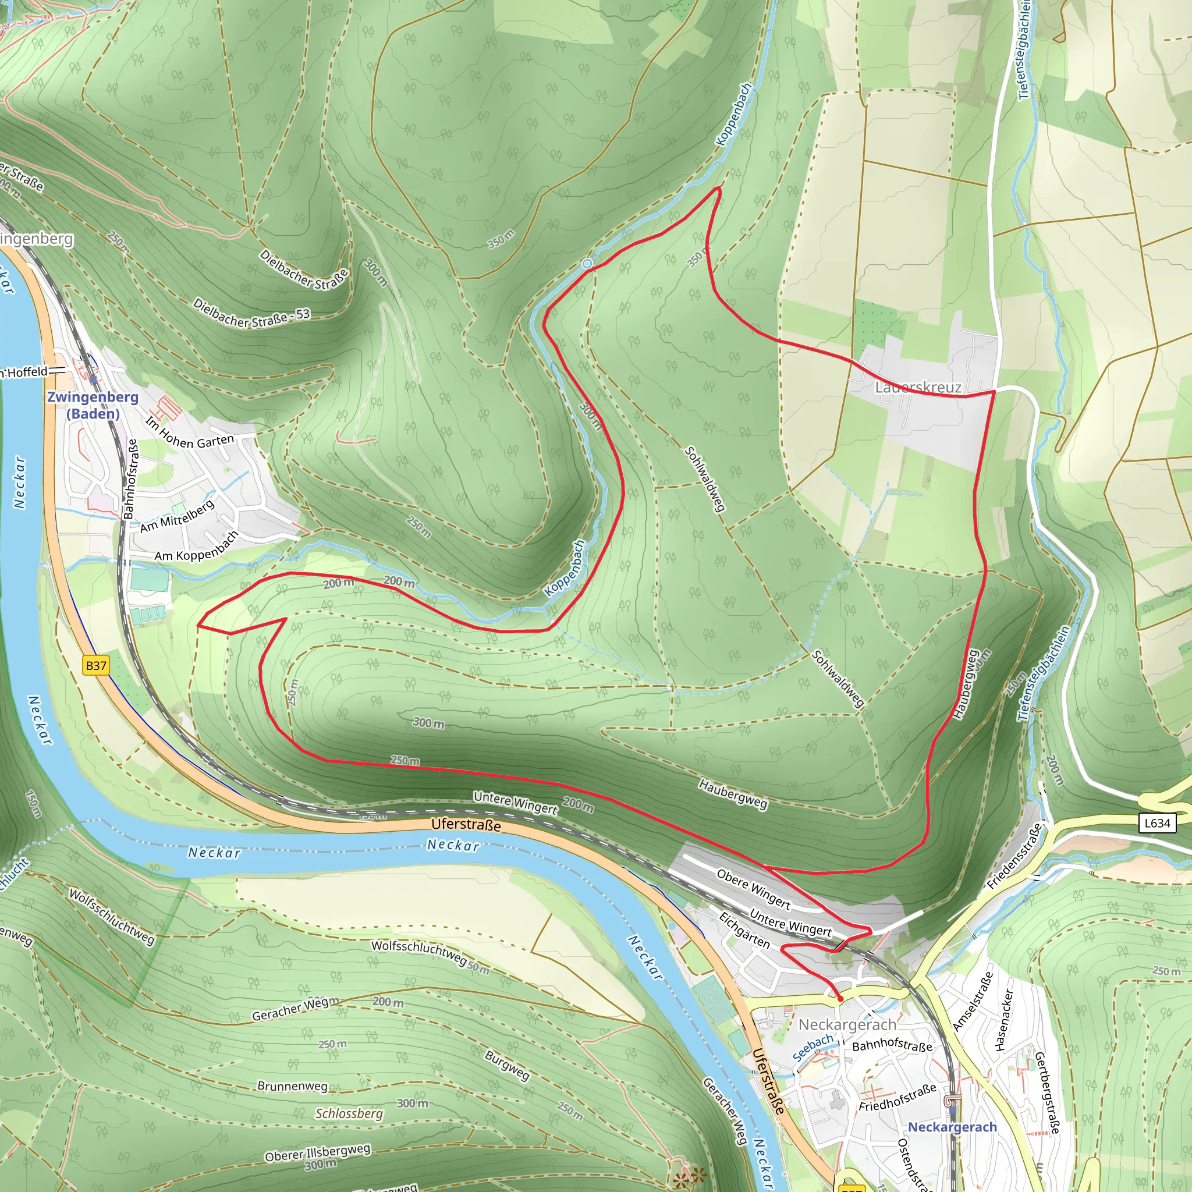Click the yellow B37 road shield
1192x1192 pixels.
(x=96, y=666)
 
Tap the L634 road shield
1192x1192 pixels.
(x=1157, y=823)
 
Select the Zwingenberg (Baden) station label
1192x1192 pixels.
(x=93, y=405)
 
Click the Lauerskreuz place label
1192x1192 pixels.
(x=918, y=388)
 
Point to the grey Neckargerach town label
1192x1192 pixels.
(x=847, y=1025)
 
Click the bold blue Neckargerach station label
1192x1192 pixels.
(x=952, y=1127)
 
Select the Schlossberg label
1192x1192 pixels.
(x=349, y=1113)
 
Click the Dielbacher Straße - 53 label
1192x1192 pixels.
(x=251, y=314)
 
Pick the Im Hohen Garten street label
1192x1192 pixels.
(x=190, y=434)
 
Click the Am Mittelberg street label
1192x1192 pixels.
(x=178, y=516)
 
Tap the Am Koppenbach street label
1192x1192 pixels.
(x=196, y=547)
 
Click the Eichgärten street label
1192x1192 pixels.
(x=744, y=931)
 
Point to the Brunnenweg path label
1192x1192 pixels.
(x=292, y=1086)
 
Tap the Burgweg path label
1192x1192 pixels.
(x=507, y=1066)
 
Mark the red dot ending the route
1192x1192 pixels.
(x=840, y=998)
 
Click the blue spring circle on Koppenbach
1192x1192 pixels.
(x=587, y=264)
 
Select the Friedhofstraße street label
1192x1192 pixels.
(x=897, y=1098)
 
